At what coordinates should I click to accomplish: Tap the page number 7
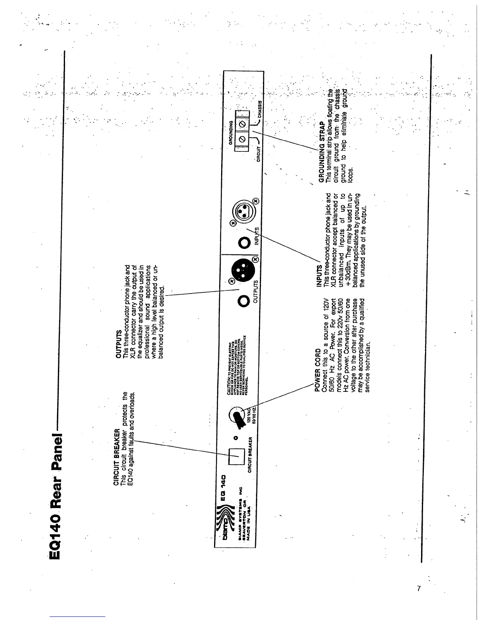click(x=419, y=588)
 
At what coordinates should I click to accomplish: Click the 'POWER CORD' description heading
click(x=318, y=370)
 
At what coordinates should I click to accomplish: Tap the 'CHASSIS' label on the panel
click(x=259, y=105)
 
